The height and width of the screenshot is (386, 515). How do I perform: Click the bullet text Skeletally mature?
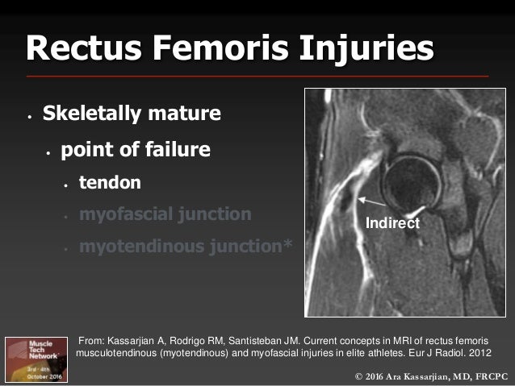pos(132,114)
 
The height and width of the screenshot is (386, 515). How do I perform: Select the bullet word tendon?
pos(109,183)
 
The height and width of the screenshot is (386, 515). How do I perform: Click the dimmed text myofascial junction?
pos(165,214)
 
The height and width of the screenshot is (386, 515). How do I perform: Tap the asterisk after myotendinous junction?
pos(288,245)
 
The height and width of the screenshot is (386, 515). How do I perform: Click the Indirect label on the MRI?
pos(392,223)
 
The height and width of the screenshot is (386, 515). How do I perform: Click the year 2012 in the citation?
pos(477,352)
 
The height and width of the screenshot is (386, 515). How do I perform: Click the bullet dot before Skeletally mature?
pos(27,115)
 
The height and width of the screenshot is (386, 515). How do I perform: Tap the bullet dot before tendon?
pos(65,185)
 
